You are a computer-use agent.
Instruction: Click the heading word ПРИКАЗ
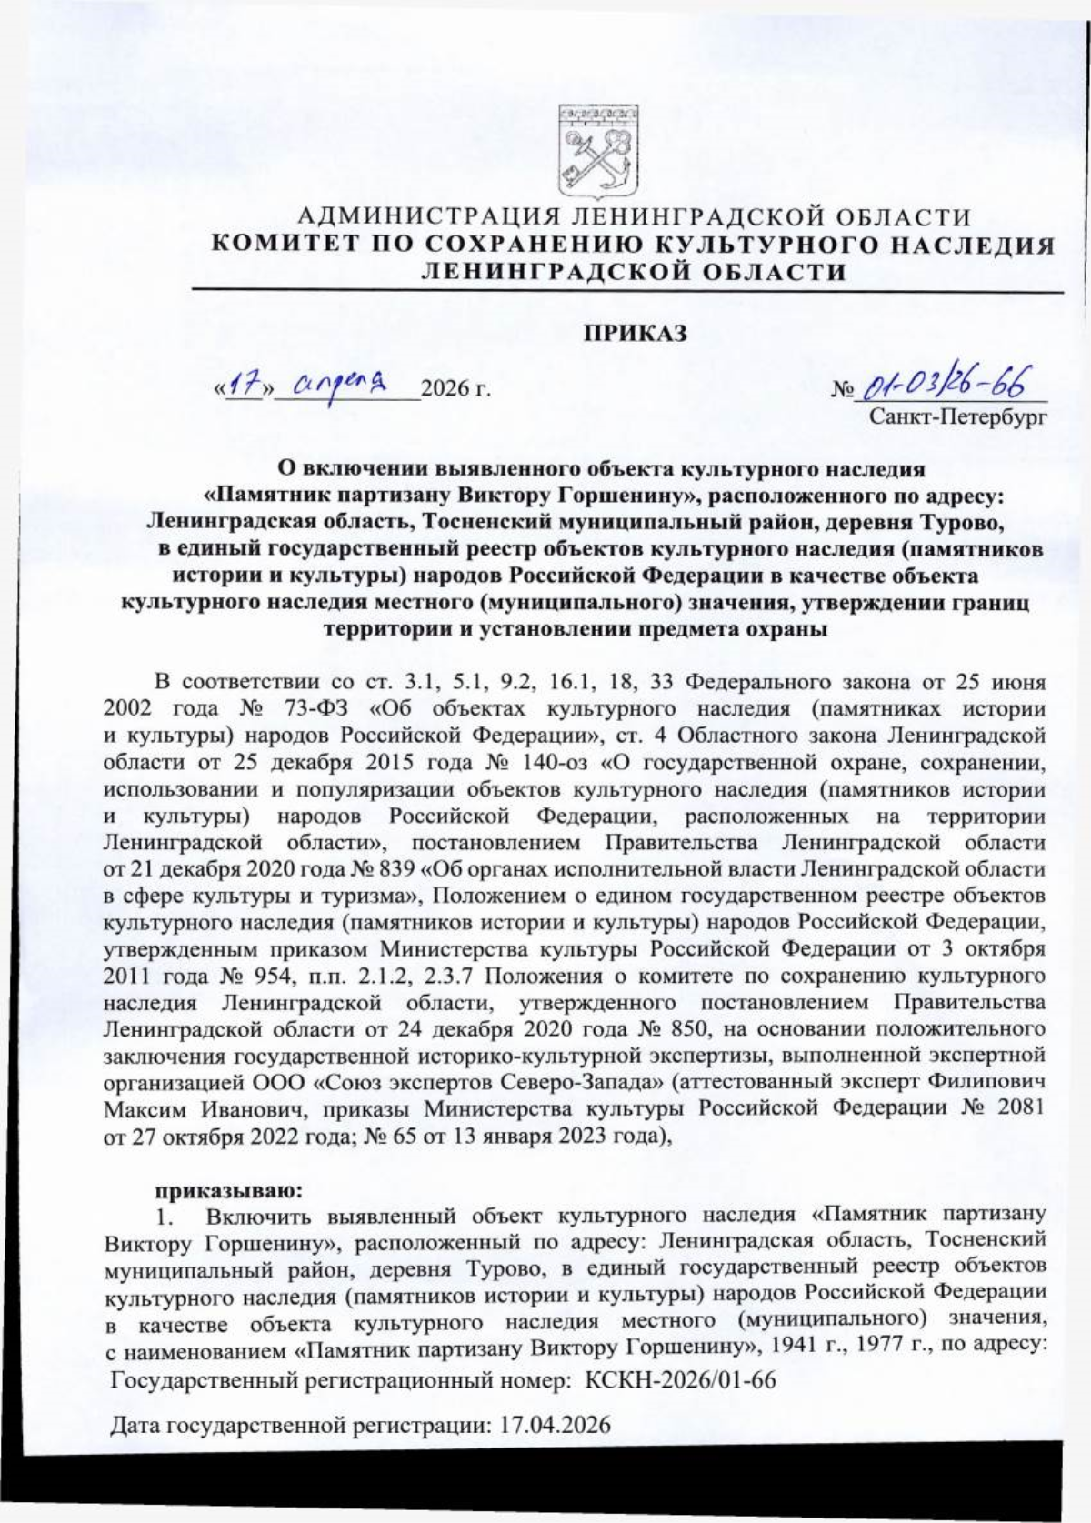click(x=634, y=334)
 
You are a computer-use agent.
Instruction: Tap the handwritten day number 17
click(x=239, y=386)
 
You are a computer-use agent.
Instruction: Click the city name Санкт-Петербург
click(x=956, y=417)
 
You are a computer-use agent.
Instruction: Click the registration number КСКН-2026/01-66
click(x=680, y=1380)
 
